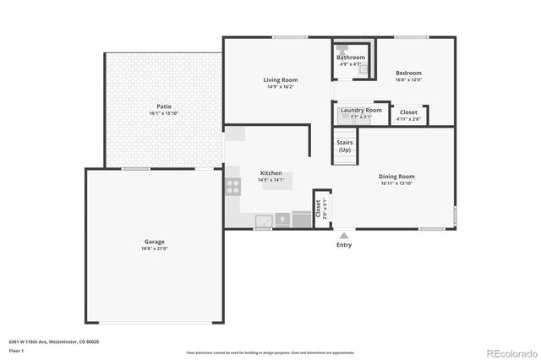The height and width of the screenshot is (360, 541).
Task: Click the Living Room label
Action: pos(280,80)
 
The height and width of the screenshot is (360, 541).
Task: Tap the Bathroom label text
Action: pos(350,57)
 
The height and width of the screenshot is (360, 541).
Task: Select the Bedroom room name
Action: pos(408,74)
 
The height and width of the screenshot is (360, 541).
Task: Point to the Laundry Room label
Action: pos(361,110)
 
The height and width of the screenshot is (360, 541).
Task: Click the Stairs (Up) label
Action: pos(345,146)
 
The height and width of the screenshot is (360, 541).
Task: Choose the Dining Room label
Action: pos(397,177)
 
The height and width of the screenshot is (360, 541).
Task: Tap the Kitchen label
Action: pos(270,173)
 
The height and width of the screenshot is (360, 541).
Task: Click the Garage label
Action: pos(154,243)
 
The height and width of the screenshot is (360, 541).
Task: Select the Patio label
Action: pos(164,106)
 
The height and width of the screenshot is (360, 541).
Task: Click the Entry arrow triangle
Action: pos(344,236)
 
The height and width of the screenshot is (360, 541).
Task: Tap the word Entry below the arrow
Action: pos(344,245)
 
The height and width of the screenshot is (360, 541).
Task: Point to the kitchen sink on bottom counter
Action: pos(264,221)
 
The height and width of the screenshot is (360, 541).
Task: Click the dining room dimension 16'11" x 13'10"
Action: pos(397,183)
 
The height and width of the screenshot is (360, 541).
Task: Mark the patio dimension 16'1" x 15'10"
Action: pos(164,113)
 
